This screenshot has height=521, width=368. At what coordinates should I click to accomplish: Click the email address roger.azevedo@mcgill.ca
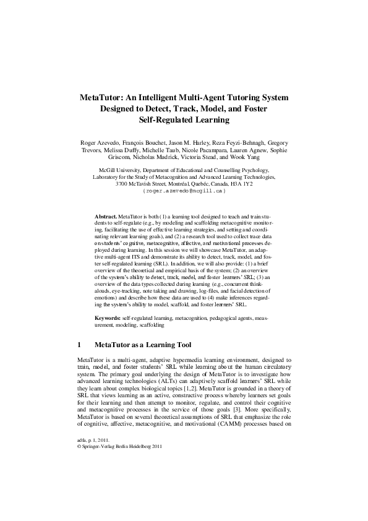pos(184,191)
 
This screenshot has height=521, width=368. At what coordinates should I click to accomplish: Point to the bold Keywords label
pos(108,317)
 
